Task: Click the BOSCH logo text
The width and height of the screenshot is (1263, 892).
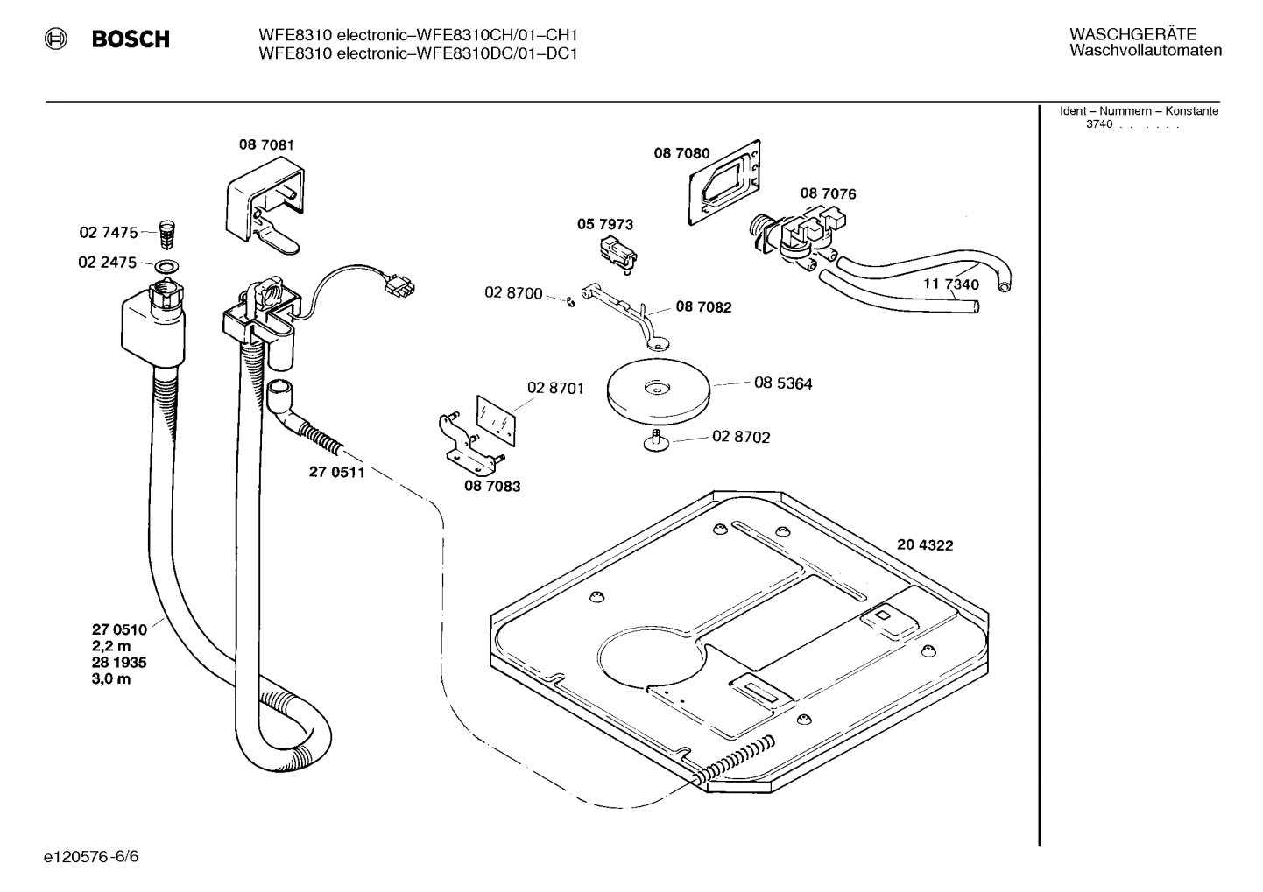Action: click(x=131, y=39)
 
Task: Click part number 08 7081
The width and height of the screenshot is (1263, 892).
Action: click(x=266, y=144)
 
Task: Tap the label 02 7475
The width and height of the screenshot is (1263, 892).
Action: click(x=108, y=233)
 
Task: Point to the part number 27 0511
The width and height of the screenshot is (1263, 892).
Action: click(x=336, y=473)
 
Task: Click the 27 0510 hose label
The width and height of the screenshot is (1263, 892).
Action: click(x=119, y=629)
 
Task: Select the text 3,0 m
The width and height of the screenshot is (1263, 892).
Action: click(x=111, y=679)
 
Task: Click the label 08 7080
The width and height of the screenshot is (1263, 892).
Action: click(x=681, y=153)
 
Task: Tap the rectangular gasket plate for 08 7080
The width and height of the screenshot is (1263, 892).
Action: click(x=724, y=181)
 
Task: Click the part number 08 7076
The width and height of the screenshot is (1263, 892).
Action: click(x=828, y=193)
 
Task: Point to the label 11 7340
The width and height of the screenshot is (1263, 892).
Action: click(x=951, y=284)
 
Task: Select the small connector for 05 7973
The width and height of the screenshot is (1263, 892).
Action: click(x=617, y=251)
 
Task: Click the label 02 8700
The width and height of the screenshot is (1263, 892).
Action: click(x=513, y=292)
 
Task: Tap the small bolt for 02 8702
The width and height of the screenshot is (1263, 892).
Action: click(x=655, y=439)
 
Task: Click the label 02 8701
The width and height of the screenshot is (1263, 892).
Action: click(x=555, y=388)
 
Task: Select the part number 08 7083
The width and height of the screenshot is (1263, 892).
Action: click(x=491, y=486)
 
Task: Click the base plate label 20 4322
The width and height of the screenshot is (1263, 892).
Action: click(x=925, y=544)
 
